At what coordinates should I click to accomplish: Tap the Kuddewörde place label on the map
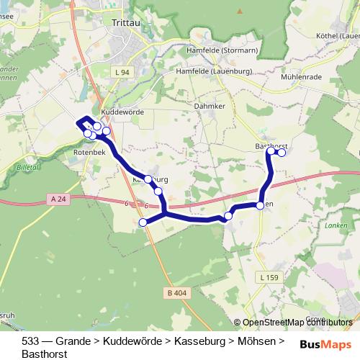[x=122, y=112]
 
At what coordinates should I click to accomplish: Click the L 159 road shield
[x=267, y=277]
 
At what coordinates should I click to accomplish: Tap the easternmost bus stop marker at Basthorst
[x=282, y=152]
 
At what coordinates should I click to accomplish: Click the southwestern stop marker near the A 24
[x=143, y=223]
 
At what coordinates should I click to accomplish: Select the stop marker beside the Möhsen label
[x=260, y=206]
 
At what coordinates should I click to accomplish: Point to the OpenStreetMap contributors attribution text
[x=297, y=323]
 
